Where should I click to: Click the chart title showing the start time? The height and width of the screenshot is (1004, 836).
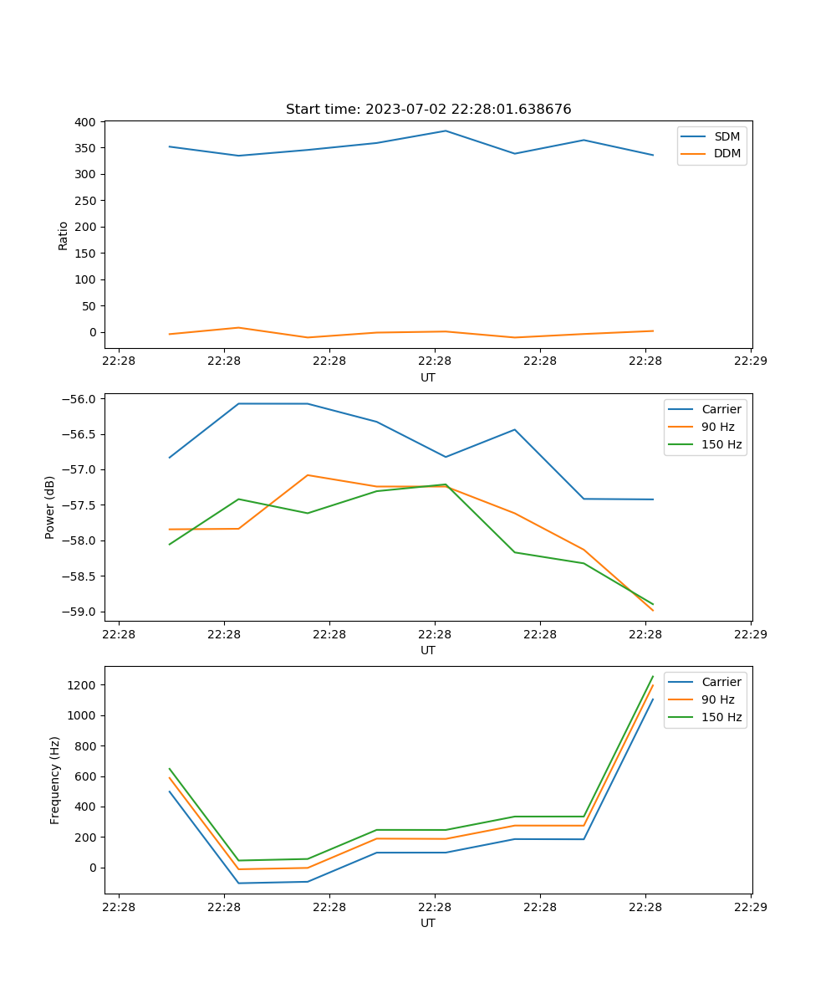coord(428,110)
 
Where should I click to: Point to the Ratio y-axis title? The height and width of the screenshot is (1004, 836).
coord(64,235)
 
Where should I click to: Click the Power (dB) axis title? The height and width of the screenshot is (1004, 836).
coord(51,507)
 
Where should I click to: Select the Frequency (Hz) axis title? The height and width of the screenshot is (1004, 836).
coord(55,780)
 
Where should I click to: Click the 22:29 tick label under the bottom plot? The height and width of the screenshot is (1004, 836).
coord(750,907)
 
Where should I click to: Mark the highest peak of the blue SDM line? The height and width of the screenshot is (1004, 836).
coord(446,131)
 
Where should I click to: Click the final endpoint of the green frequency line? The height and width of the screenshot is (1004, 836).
coord(653,676)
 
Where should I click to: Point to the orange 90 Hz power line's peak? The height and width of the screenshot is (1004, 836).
coord(308,475)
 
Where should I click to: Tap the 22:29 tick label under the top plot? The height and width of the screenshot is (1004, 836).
coord(750,361)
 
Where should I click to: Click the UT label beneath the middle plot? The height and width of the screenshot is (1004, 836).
coord(428,650)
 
